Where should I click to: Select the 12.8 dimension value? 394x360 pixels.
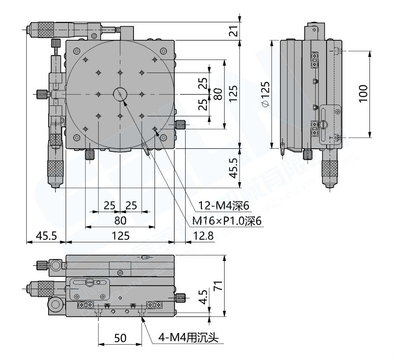pos(203,236)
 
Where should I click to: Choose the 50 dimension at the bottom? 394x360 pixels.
pos(120,338)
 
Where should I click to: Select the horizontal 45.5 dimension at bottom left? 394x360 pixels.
pos(46,236)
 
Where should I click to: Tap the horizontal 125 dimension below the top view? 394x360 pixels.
pos(120,236)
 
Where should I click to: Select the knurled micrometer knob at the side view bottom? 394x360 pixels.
pos(331,170)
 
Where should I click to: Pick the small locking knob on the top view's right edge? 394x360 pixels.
pos(181,125)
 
